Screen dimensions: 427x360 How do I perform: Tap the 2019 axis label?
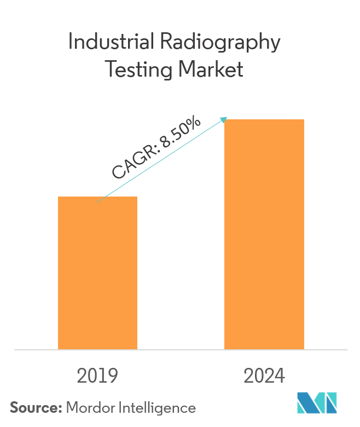97,376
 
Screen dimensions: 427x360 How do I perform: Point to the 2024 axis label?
264,376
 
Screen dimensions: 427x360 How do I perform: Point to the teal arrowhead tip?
227,117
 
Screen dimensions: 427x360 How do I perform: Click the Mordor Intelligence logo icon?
317,403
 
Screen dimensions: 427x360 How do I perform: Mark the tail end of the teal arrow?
97,203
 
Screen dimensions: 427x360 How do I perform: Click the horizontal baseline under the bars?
180,349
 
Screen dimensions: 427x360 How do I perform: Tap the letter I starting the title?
70,43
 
